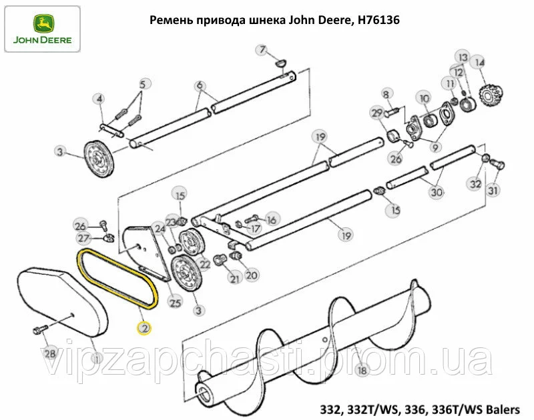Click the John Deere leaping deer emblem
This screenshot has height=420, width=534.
coord(43,24)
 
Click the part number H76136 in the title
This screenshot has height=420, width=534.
coord(377,21)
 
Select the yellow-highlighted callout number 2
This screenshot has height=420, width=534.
coord(144,328)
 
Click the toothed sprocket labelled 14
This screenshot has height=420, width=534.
coord(491,95)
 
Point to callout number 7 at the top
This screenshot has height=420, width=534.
coord(262,50)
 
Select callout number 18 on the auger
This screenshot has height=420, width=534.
coord(362,370)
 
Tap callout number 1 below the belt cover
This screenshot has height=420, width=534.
coord(97,358)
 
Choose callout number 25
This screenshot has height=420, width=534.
coord(176,302)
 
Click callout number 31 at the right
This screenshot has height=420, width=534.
coord(493,190)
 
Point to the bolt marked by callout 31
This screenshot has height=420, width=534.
coord(497,164)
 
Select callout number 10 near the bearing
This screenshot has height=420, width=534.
coord(425,99)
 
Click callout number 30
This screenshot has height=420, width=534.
coord(437,193)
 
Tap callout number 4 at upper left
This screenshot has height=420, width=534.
coord(99,99)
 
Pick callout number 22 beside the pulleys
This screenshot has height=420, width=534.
coord(204,264)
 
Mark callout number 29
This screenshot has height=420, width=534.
coord(377,113)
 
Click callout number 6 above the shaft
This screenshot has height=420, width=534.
coord(200,85)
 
